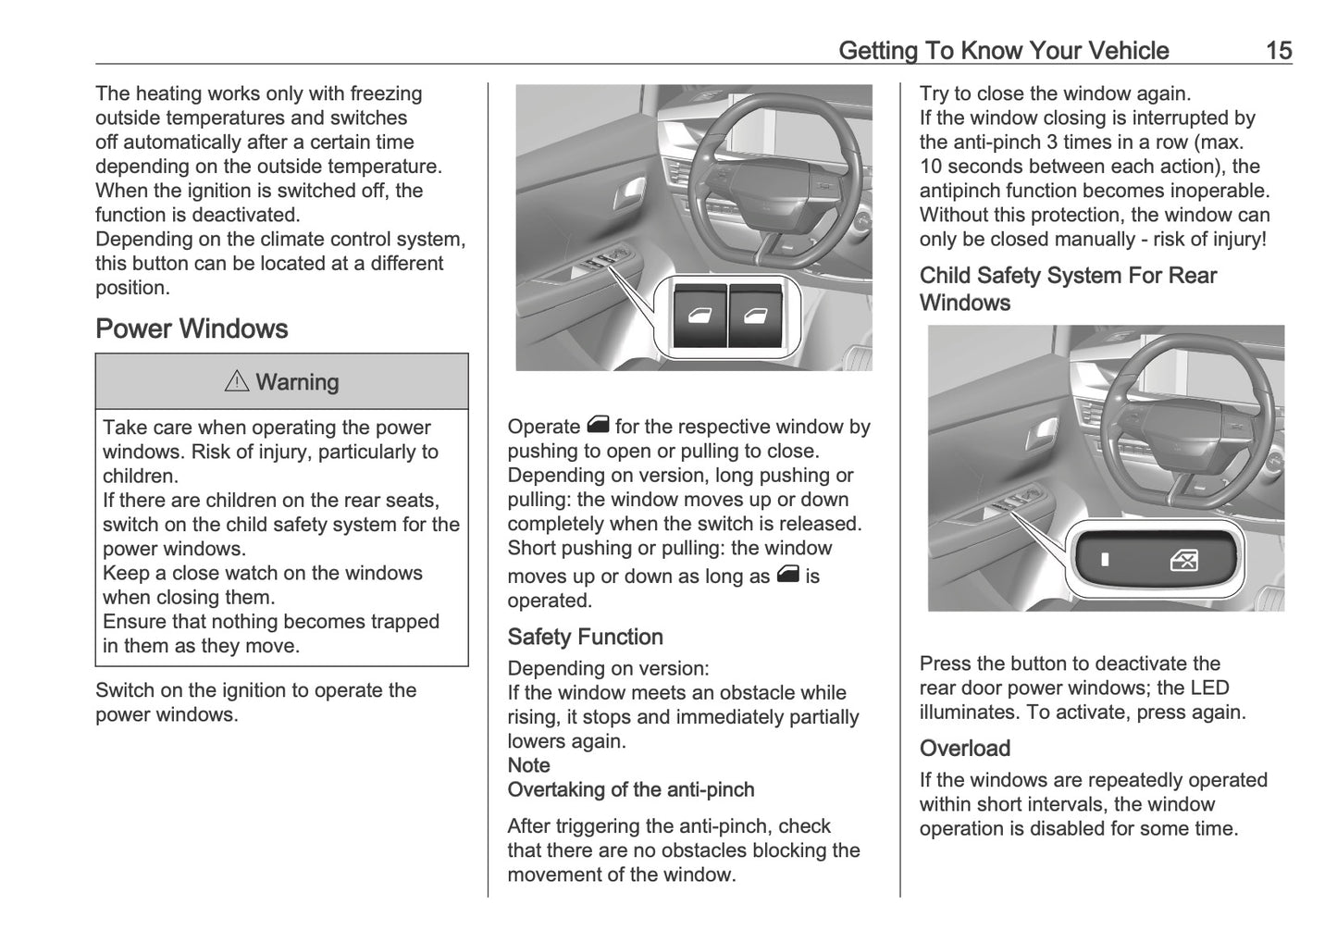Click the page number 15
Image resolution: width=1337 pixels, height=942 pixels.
(1278, 50)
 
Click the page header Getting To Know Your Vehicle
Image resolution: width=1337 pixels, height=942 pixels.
(1003, 50)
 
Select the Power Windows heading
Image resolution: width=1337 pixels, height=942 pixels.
(192, 328)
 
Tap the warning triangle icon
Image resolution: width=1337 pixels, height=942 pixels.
(237, 381)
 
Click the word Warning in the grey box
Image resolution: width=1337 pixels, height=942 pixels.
(297, 382)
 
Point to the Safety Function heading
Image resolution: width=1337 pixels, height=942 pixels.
(585, 637)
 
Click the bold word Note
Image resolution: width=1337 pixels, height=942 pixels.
(528, 765)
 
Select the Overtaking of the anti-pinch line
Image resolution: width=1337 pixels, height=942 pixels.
(630, 789)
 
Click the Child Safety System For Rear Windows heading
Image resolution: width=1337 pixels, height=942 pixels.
(1067, 289)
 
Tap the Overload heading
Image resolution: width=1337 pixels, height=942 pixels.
(964, 748)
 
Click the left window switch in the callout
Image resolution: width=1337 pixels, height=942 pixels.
(699, 316)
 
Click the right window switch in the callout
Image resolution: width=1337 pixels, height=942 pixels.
(758, 316)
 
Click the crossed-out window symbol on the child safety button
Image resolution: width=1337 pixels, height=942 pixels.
(1183, 560)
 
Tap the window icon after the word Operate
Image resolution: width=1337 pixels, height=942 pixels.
(597, 426)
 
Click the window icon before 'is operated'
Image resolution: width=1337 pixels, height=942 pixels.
(787, 575)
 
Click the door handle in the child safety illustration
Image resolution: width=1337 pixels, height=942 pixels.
(1047, 430)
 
